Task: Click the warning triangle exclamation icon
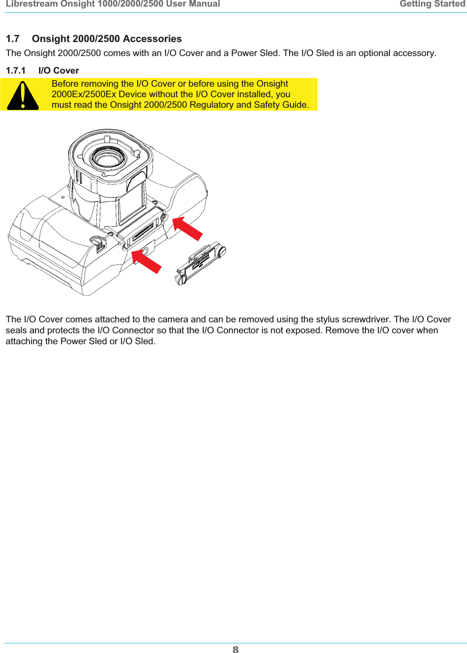pyautogui.click(x=23, y=95)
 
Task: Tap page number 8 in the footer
pyautogui.click(x=236, y=649)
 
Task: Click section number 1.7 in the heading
pyautogui.click(x=13, y=39)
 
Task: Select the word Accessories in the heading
pyautogui.click(x=152, y=39)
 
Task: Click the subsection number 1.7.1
pyautogui.click(x=16, y=71)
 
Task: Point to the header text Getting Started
pyautogui.click(x=432, y=4)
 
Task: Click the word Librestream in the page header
pyautogui.click(x=32, y=4)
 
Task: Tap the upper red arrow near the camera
pyautogui.click(x=188, y=229)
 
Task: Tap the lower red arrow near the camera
pyautogui.click(x=147, y=261)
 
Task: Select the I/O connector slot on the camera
pyautogui.click(x=143, y=230)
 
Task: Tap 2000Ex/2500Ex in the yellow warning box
pyautogui.click(x=83, y=94)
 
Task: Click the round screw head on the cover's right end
pyautogui.click(x=222, y=251)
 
